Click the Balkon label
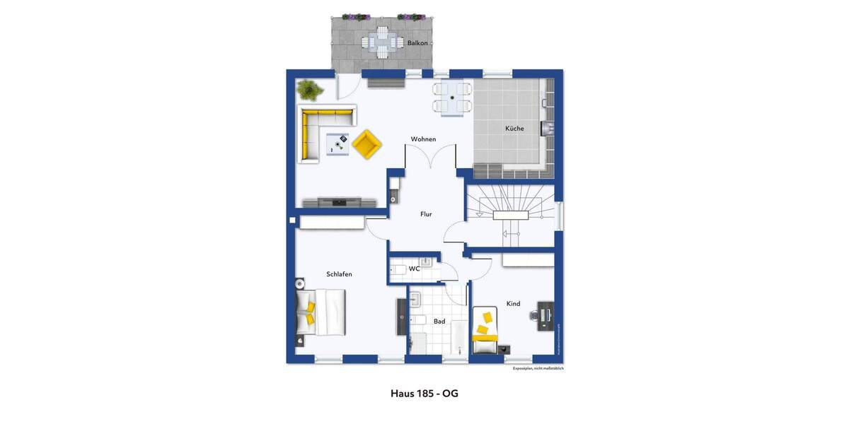click(417, 43)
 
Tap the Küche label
click(514, 129)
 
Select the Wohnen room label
click(423, 139)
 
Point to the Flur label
click(426, 214)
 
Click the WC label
click(415, 269)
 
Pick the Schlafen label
click(339, 274)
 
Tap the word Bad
click(439, 322)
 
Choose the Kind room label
click(513, 304)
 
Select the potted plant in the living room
click(309, 90)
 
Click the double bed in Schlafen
click(322, 312)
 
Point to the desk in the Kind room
click(545, 316)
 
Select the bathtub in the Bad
click(459, 338)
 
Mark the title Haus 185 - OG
click(424, 394)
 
